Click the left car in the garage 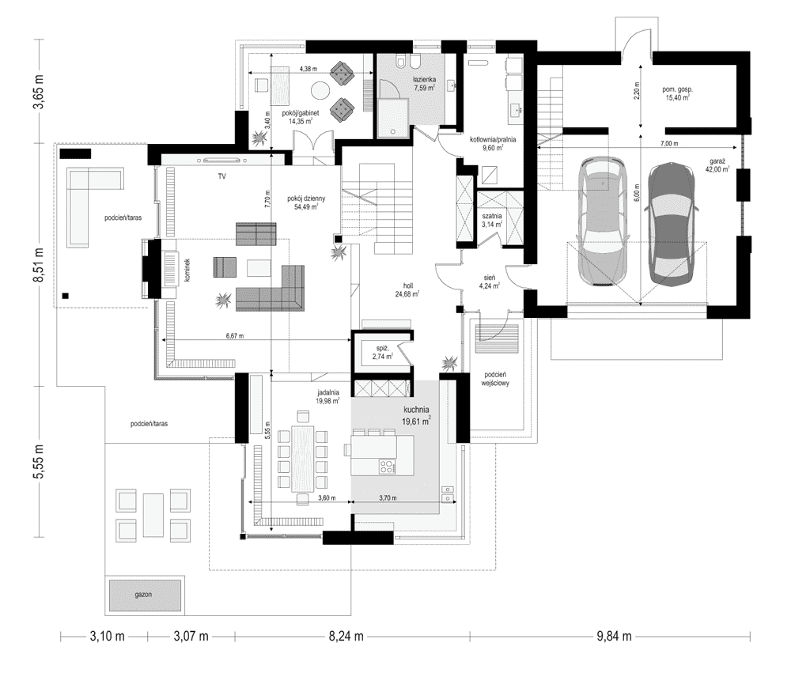click(603, 222)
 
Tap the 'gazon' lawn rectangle click(144, 595)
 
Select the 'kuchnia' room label click(416, 410)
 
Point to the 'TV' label click(222, 176)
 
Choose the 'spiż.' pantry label click(381, 348)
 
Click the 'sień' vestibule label click(490, 278)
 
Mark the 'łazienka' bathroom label click(424, 79)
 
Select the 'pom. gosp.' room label click(678, 89)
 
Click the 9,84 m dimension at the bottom click(614, 636)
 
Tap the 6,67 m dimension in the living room click(234, 336)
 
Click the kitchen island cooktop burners click(387, 467)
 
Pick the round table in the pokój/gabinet click(320, 90)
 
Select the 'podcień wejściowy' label click(495, 379)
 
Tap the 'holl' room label click(408, 285)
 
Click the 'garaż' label click(717, 161)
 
